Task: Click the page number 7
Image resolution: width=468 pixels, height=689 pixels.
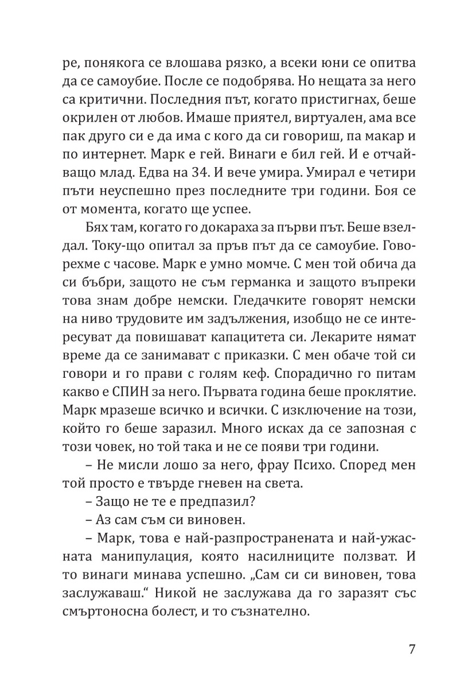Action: [412, 649]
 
